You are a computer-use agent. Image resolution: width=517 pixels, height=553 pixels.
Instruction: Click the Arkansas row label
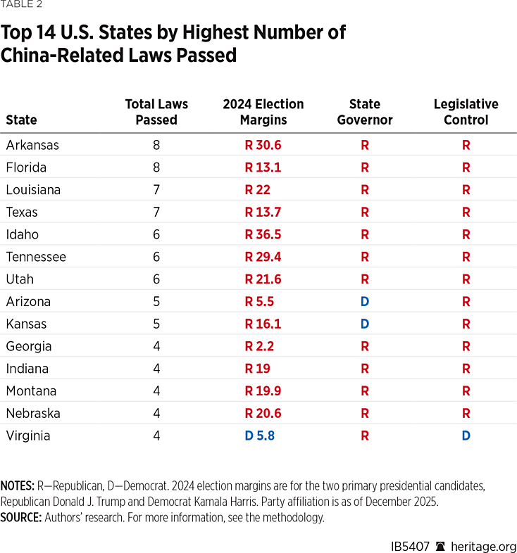(32, 145)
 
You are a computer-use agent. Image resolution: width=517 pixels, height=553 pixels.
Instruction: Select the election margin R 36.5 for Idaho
(263, 234)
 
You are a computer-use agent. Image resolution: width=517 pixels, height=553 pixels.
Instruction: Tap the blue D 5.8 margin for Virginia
(259, 436)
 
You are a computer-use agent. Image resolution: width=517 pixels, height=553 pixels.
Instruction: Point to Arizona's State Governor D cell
(364, 302)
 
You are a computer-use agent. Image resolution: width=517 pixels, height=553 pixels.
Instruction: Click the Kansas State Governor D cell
(364, 324)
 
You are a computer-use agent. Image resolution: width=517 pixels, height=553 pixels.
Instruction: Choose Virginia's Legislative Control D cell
(466, 436)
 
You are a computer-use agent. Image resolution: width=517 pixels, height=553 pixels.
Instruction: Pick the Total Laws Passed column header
(156, 112)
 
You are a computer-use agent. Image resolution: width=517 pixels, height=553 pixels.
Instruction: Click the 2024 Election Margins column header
(263, 112)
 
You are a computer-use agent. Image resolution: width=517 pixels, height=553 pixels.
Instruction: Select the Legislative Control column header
(466, 112)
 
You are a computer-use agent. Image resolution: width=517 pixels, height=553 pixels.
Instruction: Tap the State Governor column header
(364, 112)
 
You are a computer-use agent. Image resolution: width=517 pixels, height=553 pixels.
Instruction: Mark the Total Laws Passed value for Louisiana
(156, 190)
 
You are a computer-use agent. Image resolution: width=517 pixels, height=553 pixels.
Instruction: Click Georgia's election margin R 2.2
(259, 346)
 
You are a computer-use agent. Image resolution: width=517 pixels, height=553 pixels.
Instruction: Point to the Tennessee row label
(36, 257)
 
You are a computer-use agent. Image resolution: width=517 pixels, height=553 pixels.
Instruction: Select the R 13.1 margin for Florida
(263, 167)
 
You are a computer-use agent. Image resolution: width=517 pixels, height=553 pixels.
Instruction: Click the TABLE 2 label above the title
(21, 5)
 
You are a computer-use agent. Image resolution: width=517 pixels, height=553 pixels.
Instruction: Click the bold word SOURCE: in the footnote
(21, 518)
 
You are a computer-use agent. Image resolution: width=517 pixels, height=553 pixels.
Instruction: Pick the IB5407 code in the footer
(411, 547)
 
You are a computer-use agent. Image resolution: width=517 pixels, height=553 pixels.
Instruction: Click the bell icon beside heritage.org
(441, 547)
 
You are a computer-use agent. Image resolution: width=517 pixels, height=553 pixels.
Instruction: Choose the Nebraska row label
(33, 413)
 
